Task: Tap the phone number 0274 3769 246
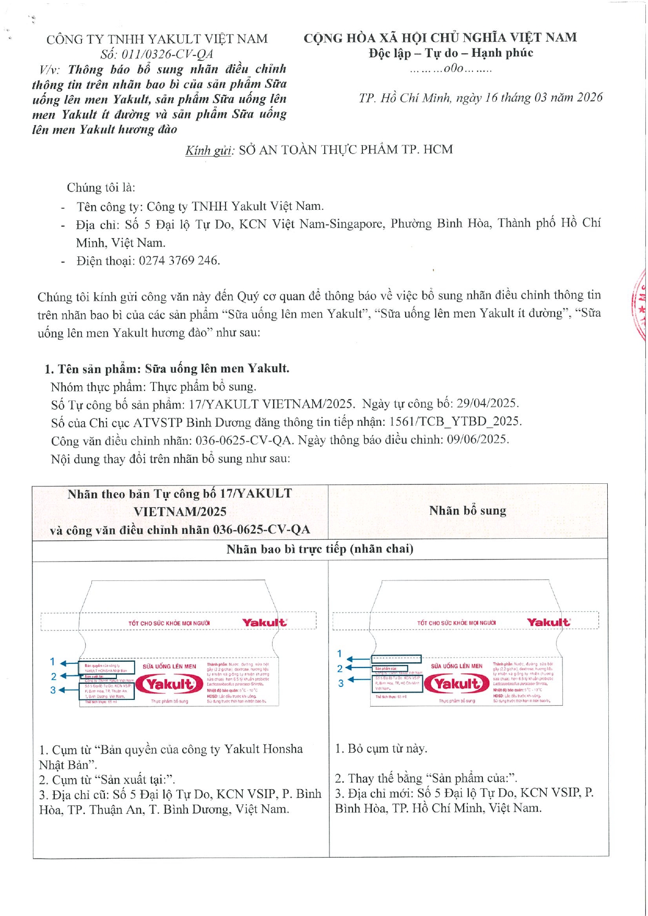pyautogui.click(x=179, y=260)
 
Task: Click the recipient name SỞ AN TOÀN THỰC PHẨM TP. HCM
pyautogui.click(x=346, y=150)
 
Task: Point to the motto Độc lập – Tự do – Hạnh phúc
pyautogui.click(x=451, y=53)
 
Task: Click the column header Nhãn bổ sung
pyautogui.click(x=467, y=510)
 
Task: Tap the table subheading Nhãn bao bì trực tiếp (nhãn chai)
pyautogui.click(x=320, y=549)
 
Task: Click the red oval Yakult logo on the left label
pyautogui.click(x=169, y=684)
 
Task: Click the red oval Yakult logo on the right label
pyautogui.click(x=457, y=684)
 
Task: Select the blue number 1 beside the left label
pyautogui.click(x=52, y=662)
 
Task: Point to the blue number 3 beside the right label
pyautogui.click(x=341, y=683)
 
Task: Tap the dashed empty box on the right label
pyautogui.click(x=396, y=659)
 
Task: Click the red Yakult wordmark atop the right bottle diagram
pyautogui.click(x=548, y=622)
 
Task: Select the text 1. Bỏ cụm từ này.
pyautogui.click(x=381, y=749)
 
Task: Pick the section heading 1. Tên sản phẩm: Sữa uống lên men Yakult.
pyautogui.click(x=167, y=369)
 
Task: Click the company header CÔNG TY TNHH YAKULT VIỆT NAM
pyautogui.click(x=157, y=39)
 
